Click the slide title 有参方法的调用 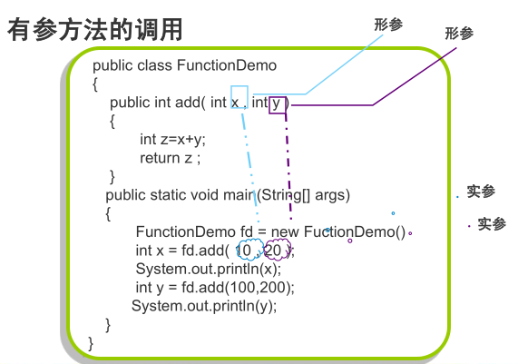(x=95, y=30)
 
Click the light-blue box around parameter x (x=231, y=96)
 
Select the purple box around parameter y (x=269, y=105)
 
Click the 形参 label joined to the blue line (x=388, y=25)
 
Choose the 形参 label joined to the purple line (x=459, y=34)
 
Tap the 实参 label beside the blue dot (x=481, y=192)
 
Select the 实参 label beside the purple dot (x=492, y=224)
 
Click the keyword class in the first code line (x=154, y=65)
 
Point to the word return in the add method (x=160, y=158)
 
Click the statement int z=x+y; (x=172, y=140)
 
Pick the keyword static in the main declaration (x=167, y=195)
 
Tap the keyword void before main (x=204, y=195)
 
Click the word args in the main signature (x=329, y=195)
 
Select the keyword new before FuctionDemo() (x=285, y=231)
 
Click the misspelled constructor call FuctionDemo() (x=355, y=231)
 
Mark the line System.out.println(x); (x=209, y=269)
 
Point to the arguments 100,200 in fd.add (x=259, y=288)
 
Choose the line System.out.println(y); (x=204, y=306)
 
